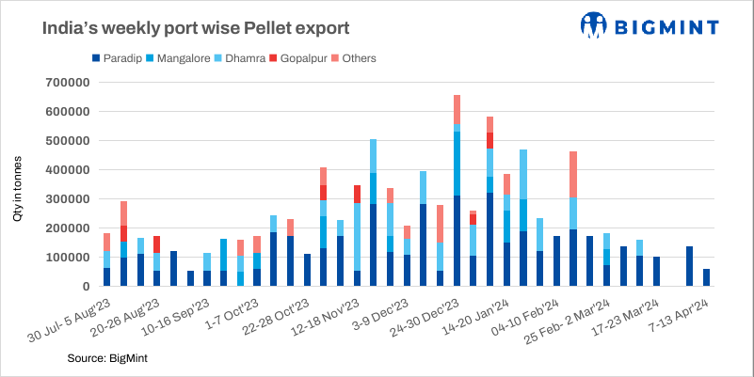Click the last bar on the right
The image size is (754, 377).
click(x=707, y=277)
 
